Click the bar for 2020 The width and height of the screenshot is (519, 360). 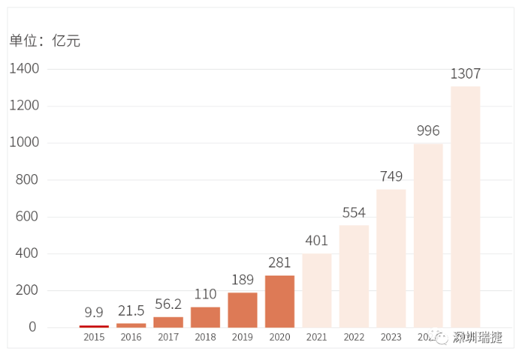280,301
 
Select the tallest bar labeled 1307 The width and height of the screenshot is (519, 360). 465,207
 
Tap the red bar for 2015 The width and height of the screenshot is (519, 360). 94,326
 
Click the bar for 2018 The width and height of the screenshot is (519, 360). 205,317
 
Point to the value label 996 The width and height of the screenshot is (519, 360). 428,131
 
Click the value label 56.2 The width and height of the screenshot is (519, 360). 168,304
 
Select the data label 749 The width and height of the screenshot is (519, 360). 391,176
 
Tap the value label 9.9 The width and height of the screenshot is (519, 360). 94,312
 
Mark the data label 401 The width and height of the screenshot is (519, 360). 317,241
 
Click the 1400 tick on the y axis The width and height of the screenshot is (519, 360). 24,69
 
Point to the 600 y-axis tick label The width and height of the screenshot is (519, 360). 27,217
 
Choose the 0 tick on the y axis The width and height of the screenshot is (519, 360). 32,327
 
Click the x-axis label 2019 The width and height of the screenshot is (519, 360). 242,338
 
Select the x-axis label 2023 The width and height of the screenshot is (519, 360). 391,338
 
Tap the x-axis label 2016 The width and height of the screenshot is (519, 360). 131,338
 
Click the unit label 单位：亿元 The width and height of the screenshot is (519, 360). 44,41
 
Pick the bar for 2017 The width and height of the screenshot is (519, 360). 168,322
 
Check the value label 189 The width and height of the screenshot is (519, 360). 242,279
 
